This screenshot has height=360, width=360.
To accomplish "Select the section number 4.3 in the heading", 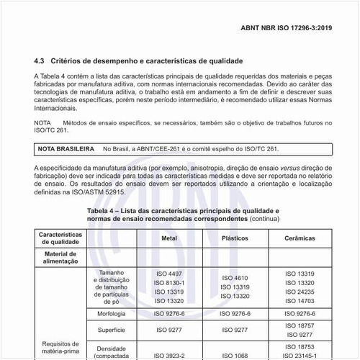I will pos(40,62).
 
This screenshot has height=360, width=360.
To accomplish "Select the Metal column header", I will pos(169,237).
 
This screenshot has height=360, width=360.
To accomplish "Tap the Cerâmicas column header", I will pos(300,237).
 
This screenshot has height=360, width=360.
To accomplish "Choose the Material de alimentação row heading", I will pos(60,258).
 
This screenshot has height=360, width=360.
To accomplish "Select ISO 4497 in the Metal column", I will pos(169,274).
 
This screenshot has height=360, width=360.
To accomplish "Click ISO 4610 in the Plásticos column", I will pos(235,278).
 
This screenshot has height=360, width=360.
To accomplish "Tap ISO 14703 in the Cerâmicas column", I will pos(300,301).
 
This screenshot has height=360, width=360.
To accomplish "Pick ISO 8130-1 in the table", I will pos(169,283).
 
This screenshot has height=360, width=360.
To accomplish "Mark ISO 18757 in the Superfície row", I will pos(300,325).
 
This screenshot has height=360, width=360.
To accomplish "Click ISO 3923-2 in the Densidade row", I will pos(169,355).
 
